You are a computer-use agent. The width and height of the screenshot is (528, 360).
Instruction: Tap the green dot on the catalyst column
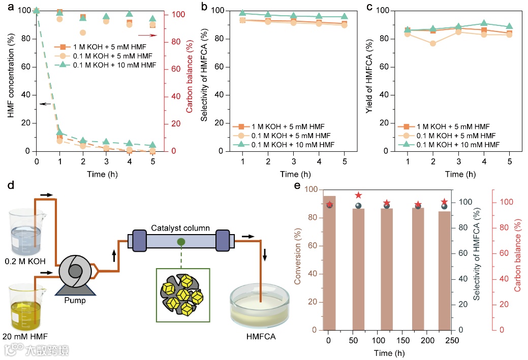pyautogui.click(x=180, y=242)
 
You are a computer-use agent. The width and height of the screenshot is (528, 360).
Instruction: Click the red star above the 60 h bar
pyautogui.click(x=358, y=195)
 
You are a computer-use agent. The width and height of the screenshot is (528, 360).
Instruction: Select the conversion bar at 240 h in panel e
pyautogui.click(x=445, y=270)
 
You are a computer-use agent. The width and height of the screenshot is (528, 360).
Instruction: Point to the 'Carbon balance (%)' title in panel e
pyautogui.click(x=518, y=259)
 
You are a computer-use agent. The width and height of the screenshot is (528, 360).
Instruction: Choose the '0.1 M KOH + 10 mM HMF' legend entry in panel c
pyautogui.click(x=455, y=145)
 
